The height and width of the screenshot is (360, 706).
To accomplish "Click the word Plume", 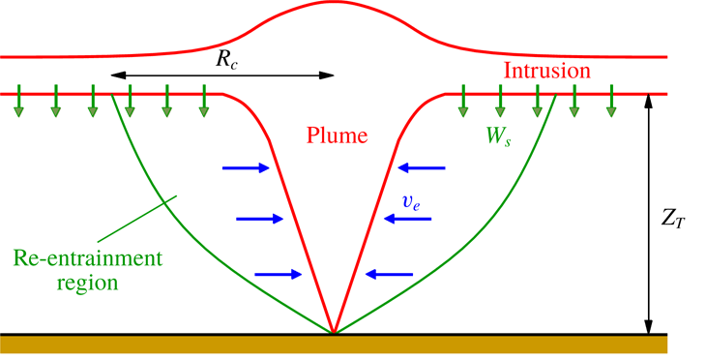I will [338, 136].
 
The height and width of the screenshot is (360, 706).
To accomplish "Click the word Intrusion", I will [546, 71].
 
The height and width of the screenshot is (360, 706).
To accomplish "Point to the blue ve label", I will [411, 200].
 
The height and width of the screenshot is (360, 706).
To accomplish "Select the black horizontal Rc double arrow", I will [222, 75].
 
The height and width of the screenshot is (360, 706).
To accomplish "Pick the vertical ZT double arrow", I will [650, 214].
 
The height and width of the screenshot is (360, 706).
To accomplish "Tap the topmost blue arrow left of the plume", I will [248, 168].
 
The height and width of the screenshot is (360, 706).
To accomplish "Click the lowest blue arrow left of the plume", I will [279, 274].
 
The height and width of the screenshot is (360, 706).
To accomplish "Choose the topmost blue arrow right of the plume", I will [420, 168].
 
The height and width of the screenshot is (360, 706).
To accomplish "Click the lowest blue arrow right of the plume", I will [388, 274].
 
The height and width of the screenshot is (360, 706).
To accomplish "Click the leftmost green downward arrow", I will [18, 105].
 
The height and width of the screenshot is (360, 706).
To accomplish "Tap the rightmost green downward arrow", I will [610, 105].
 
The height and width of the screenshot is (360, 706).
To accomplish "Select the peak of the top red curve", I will [334, 3].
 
